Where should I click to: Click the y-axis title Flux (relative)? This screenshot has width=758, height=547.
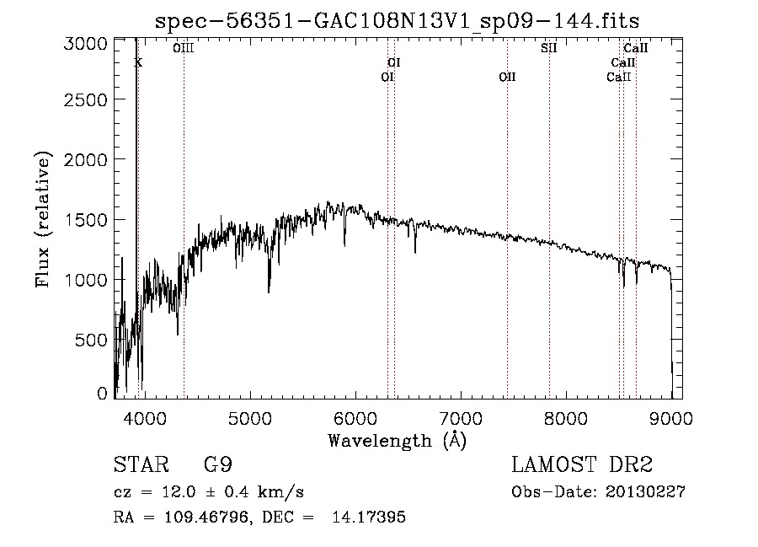[43, 219]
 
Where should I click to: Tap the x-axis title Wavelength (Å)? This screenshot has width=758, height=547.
[397, 440]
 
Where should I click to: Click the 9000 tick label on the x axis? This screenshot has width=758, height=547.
[672, 417]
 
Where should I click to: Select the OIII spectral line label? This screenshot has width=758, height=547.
[184, 48]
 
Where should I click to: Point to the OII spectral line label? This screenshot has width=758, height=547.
[507, 78]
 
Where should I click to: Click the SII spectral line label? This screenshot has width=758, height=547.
[549, 48]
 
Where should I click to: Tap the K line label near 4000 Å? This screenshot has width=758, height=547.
[139, 62]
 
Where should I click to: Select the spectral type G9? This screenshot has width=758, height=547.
[218, 465]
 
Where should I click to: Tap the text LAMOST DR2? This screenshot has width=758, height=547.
[582, 465]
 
